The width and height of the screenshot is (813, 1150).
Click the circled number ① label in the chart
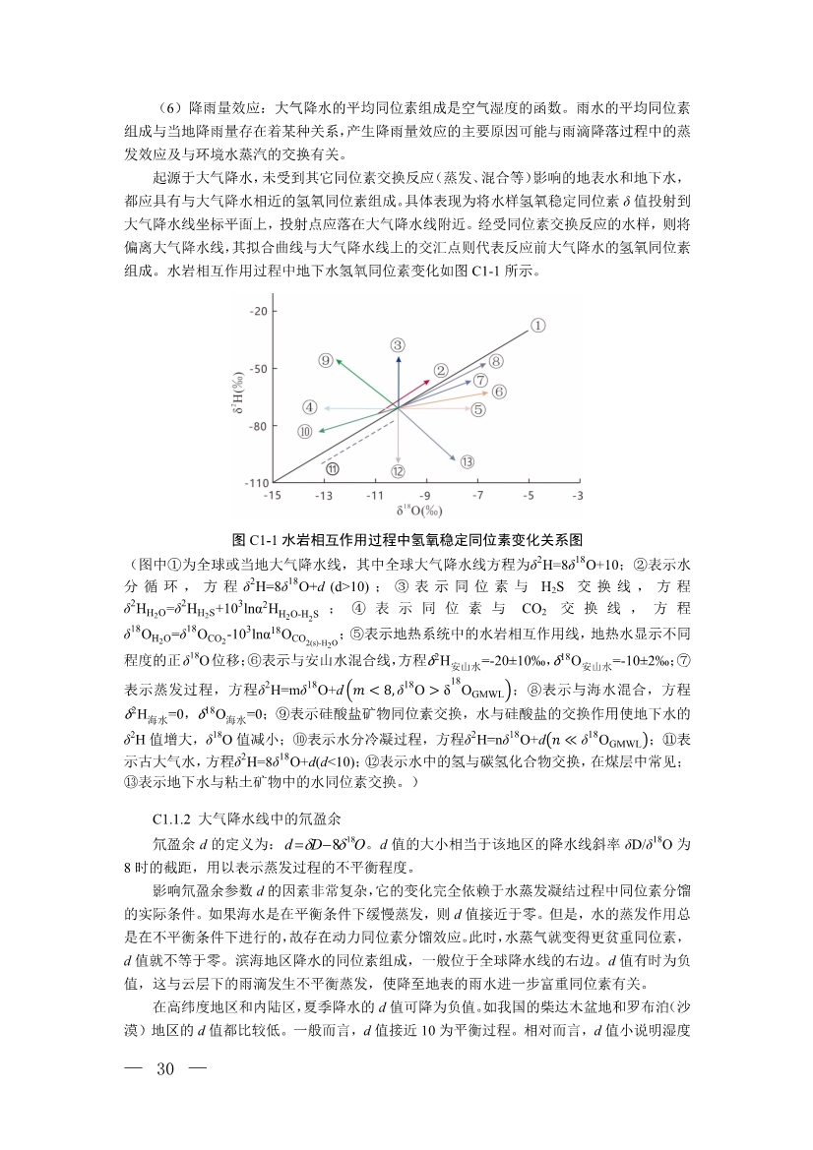(538, 325)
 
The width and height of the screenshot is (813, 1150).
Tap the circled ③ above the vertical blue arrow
(398, 344)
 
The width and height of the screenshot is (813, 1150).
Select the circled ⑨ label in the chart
(326, 360)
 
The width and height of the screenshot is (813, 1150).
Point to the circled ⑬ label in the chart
(467, 461)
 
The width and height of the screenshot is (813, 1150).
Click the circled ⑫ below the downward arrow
(398, 471)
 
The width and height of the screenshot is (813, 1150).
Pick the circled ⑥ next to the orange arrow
(499, 392)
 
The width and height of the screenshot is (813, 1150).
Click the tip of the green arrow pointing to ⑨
(339, 361)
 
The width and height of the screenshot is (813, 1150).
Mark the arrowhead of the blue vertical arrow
(398, 358)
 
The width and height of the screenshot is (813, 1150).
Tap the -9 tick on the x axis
(426, 494)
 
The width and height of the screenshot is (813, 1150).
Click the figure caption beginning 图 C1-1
(406, 540)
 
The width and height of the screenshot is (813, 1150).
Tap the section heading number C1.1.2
(173, 818)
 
